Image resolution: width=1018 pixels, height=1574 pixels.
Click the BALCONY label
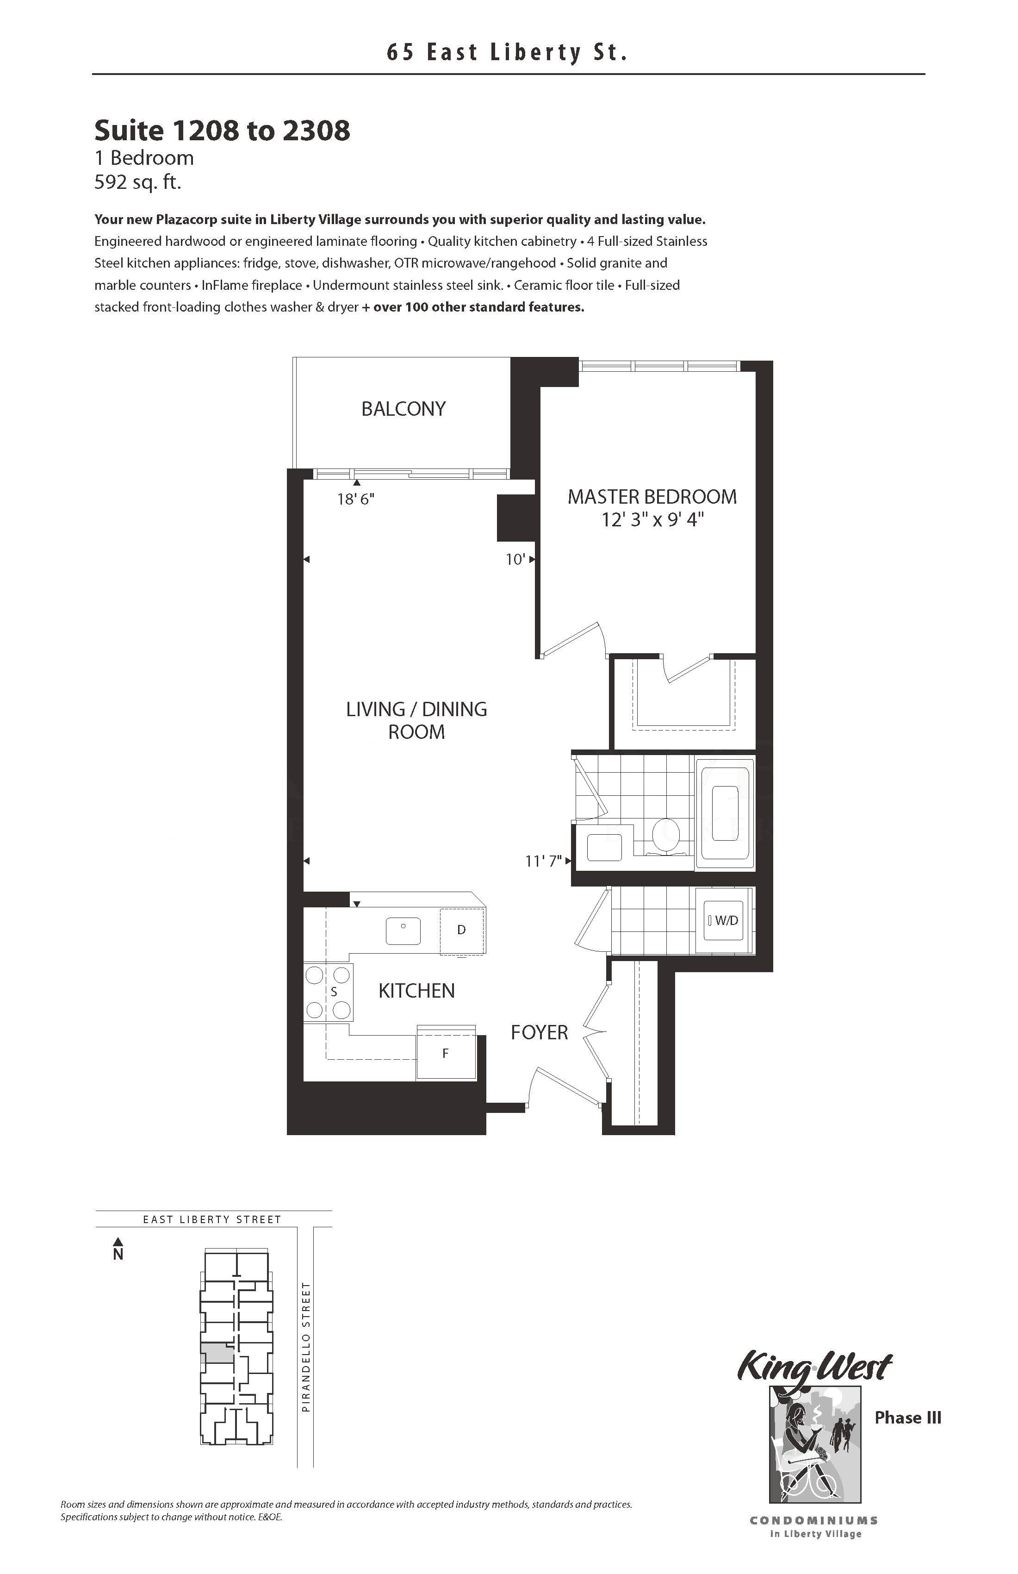coord(403,409)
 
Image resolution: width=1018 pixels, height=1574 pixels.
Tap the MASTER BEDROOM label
coord(652,497)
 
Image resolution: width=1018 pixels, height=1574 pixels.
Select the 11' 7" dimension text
coord(543,861)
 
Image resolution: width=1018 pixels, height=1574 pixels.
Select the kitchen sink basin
coord(403,931)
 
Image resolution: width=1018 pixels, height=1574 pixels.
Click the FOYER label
coord(540,1032)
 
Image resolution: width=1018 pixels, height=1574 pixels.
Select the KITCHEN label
coord(416,991)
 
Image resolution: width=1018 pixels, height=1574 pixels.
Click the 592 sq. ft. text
coord(137,182)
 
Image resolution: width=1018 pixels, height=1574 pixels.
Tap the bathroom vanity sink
coord(604,847)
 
